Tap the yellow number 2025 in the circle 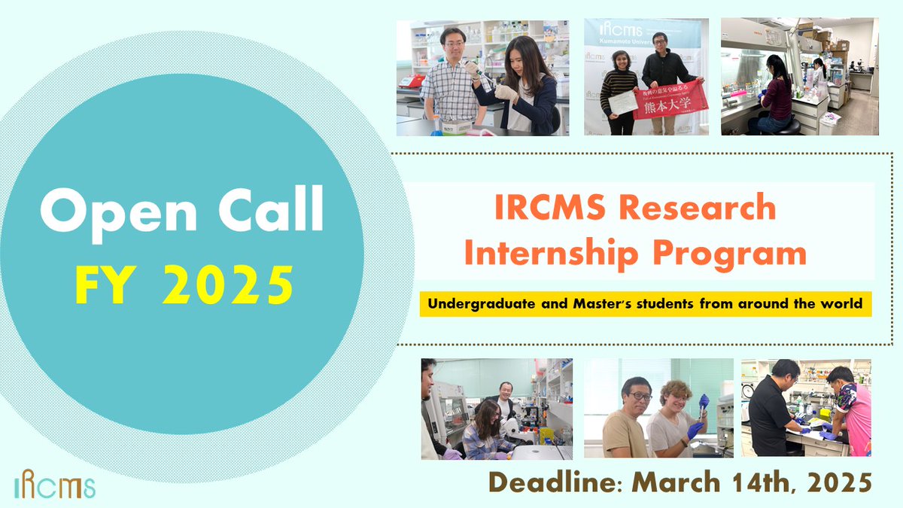[227, 284]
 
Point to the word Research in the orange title [701, 207]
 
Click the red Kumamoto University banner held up [668, 101]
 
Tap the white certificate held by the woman [622, 105]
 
